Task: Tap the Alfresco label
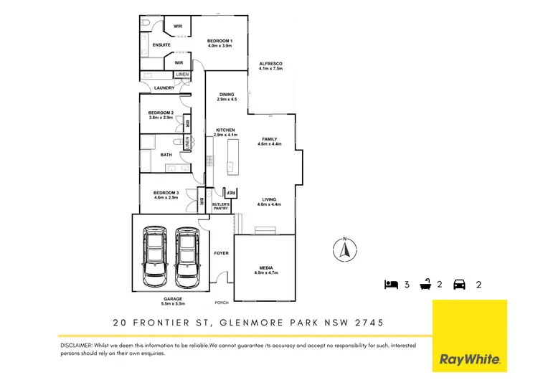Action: (271, 67)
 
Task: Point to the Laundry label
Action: (164, 88)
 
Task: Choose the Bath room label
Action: (166, 155)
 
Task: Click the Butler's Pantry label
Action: (220, 207)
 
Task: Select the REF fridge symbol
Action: (231, 192)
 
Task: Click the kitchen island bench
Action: (231, 156)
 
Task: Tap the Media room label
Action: (265, 270)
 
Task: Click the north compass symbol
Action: (344, 250)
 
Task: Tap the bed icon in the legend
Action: (390, 285)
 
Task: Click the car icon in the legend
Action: (459, 285)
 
